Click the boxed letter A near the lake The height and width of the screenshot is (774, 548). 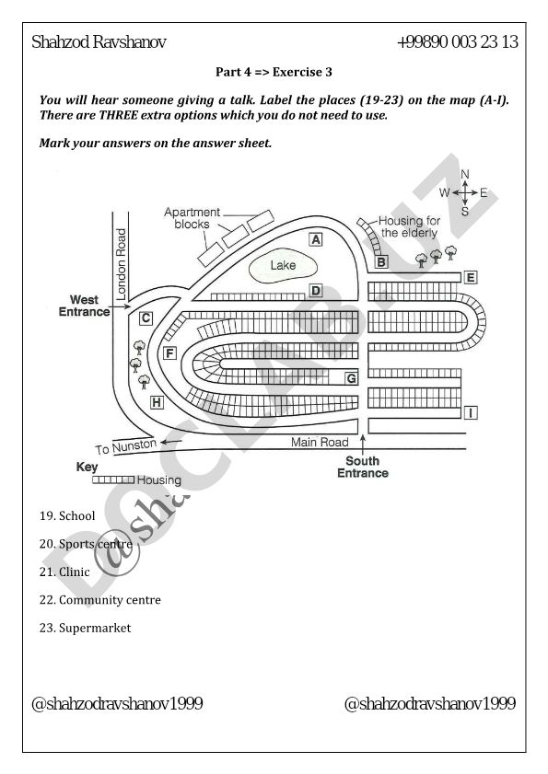coord(316,239)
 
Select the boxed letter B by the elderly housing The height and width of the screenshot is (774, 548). coord(381,261)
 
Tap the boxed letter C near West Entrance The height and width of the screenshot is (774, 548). coord(146,318)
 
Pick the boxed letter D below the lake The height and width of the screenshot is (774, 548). coord(316,291)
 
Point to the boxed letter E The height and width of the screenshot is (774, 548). coord(471,277)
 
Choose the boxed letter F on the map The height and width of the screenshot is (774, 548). coord(169,353)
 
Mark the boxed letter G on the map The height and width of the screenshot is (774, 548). coord(351,378)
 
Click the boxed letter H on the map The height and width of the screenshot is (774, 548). coord(157,403)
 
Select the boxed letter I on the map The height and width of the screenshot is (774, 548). coord(471,412)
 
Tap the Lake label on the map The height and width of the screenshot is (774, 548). coord(283,266)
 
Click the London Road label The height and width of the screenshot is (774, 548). coord(121,264)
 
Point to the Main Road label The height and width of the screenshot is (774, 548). coord(320,443)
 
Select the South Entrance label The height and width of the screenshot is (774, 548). coord(363,467)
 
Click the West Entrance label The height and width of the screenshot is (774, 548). coord(84,306)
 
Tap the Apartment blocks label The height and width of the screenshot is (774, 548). coord(192,218)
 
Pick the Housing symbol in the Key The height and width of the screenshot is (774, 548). coord(113,479)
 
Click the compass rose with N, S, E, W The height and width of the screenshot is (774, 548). coord(464,192)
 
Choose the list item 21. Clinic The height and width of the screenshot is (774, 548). coord(64,572)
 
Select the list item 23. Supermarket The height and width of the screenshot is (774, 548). coord(85,629)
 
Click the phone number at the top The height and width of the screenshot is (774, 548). coord(458,42)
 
